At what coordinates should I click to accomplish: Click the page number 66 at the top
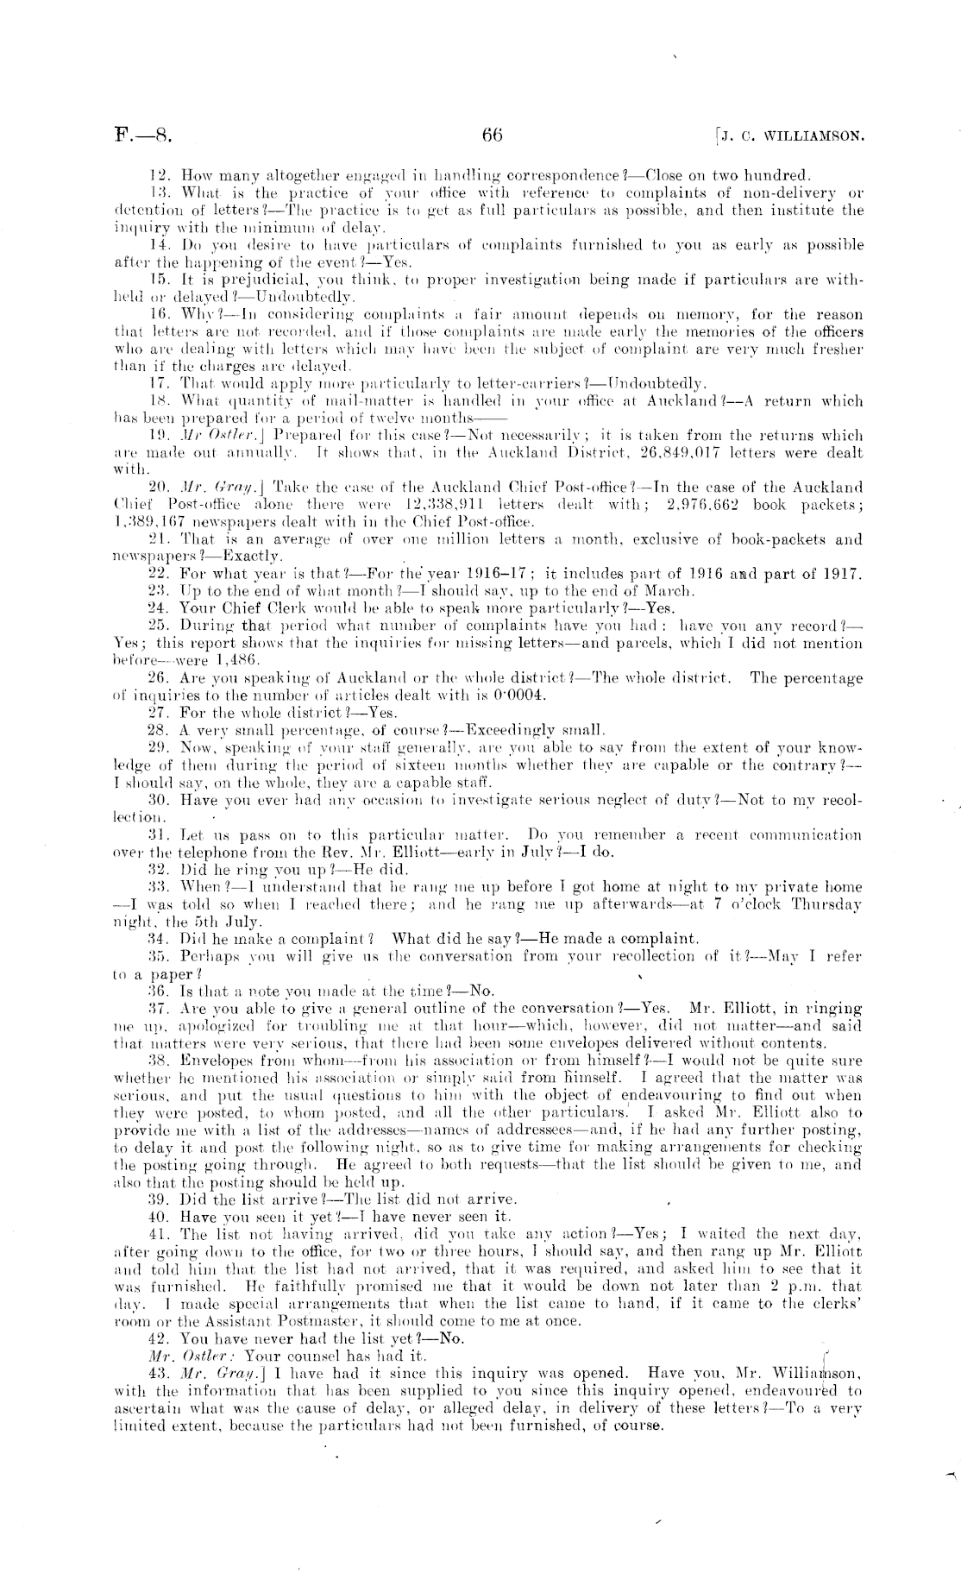tap(493, 135)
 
